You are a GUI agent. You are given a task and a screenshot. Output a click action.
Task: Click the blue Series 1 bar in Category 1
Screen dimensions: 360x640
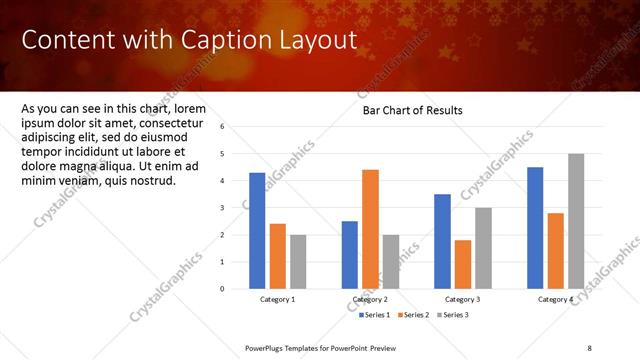click(257, 231)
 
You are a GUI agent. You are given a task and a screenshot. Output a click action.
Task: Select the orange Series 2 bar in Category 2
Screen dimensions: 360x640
click(370, 229)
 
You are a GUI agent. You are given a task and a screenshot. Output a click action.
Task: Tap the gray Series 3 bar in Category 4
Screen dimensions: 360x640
click(576, 221)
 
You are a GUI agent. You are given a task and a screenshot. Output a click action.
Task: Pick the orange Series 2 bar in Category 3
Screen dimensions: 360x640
click(463, 264)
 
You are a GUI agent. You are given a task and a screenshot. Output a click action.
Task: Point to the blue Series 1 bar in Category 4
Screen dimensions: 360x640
click(535, 228)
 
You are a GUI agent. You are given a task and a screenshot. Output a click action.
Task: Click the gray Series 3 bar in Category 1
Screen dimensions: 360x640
click(299, 262)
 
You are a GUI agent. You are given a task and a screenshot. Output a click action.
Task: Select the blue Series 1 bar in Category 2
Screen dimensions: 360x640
click(350, 255)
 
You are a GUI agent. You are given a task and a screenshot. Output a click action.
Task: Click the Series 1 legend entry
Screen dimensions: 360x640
click(375, 315)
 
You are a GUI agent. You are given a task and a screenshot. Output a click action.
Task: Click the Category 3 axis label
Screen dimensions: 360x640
click(463, 300)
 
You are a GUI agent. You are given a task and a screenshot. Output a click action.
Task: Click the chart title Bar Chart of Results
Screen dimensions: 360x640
click(412, 111)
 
